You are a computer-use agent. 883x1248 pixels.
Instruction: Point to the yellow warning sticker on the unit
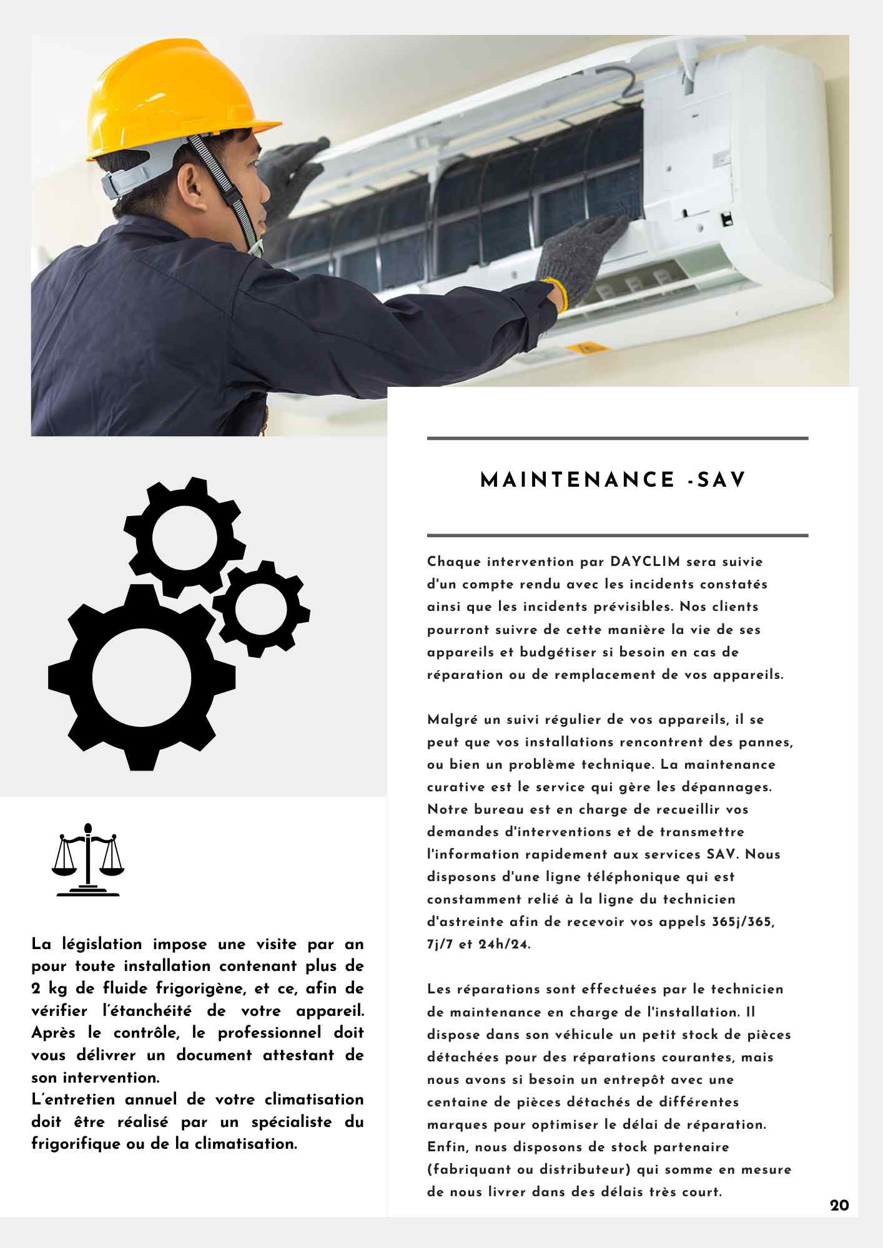pyautogui.click(x=585, y=348)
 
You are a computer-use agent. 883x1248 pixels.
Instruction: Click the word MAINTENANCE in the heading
pyautogui.click(x=578, y=480)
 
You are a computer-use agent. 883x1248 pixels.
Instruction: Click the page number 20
pyautogui.click(x=839, y=1205)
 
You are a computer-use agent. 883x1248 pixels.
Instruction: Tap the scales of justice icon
pyautogui.click(x=87, y=860)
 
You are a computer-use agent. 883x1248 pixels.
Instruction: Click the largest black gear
pyautogui.click(x=142, y=677)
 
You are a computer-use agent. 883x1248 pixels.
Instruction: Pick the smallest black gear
pyautogui.click(x=261, y=608)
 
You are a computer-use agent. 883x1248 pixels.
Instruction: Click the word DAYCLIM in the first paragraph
pyautogui.click(x=645, y=562)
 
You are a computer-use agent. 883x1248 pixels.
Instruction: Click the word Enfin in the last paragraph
pyautogui.click(x=447, y=1147)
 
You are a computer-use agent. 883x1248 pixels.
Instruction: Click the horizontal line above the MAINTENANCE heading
pyautogui.click(x=617, y=439)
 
